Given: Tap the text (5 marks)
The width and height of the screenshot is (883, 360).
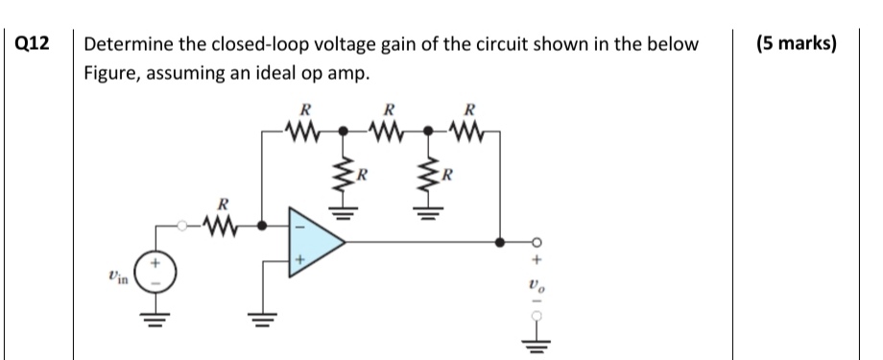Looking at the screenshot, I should click(796, 44).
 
